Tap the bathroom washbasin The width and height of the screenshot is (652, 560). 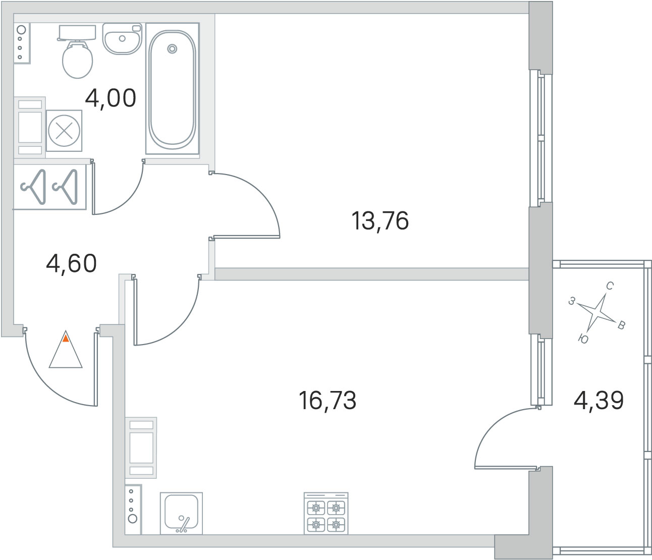click(x=122, y=38)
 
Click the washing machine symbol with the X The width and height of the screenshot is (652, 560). click(x=64, y=131)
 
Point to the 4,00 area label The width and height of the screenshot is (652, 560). click(x=111, y=98)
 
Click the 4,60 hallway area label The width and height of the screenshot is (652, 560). click(x=71, y=263)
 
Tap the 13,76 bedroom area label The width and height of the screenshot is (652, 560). click(x=379, y=221)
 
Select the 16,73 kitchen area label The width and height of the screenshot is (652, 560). click(x=328, y=401)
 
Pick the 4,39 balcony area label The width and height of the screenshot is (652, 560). click(x=599, y=401)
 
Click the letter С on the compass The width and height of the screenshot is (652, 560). click(x=610, y=287)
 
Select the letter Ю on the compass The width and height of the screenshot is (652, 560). click(x=583, y=340)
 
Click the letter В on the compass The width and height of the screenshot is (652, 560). click(x=622, y=325)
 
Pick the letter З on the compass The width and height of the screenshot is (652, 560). click(x=572, y=301)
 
